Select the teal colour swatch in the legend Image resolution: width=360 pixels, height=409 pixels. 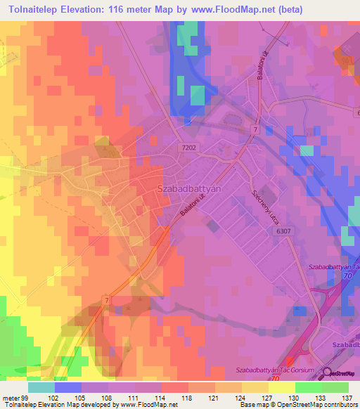point(41,387)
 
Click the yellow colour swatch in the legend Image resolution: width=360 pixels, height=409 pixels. point(282,387)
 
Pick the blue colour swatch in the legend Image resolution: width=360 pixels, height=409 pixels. point(68,387)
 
